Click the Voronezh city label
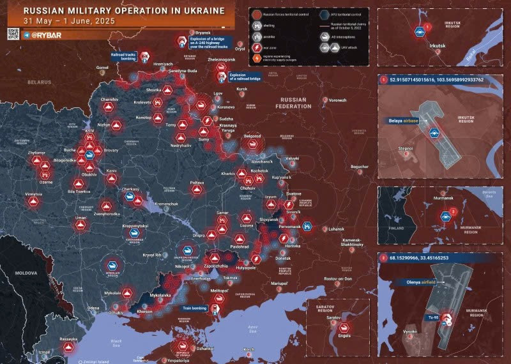[337, 100]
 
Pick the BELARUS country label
[39, 82]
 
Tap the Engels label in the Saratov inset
[342, 334]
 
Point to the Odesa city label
[93, 308]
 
